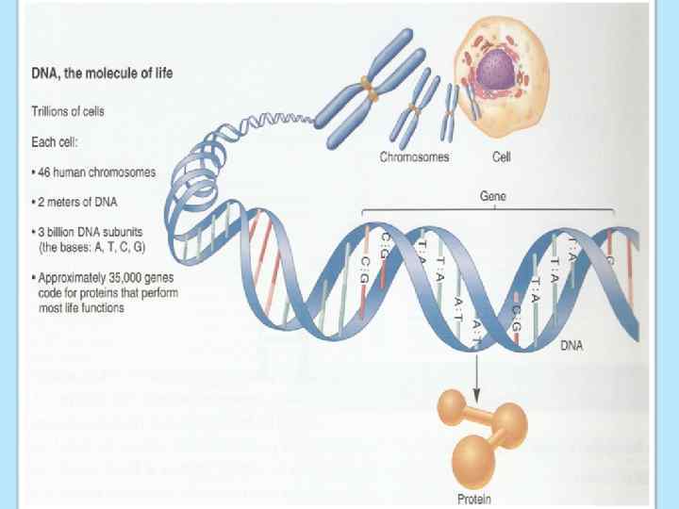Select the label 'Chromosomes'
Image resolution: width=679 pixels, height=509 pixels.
pos(414,157)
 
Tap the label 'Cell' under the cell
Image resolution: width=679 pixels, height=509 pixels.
pos(503,157)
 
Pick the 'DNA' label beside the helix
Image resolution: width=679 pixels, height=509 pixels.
pos(571,345)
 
